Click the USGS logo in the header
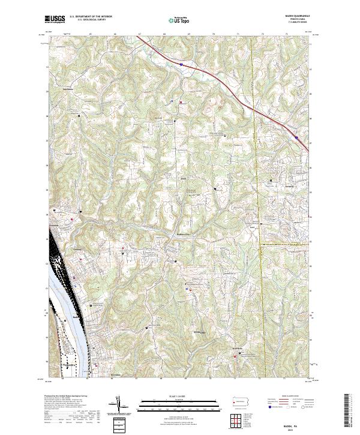(x=55, y=19)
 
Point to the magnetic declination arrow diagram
(x=118, y=405)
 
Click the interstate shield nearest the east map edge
(x=296, y=137)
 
